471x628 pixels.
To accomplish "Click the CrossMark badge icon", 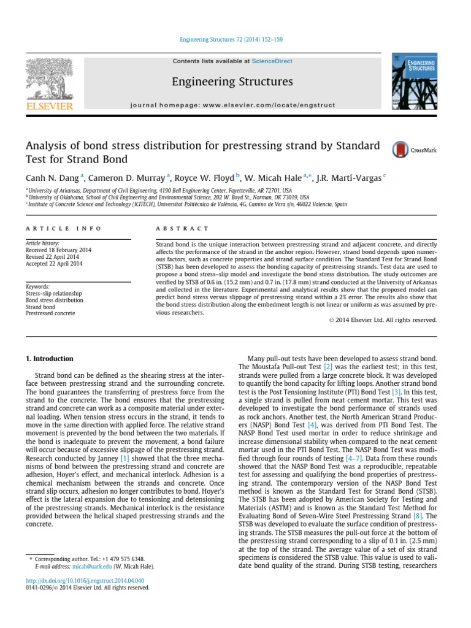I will tap(400, 150).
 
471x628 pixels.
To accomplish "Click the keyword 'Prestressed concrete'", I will tap(50, 313).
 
